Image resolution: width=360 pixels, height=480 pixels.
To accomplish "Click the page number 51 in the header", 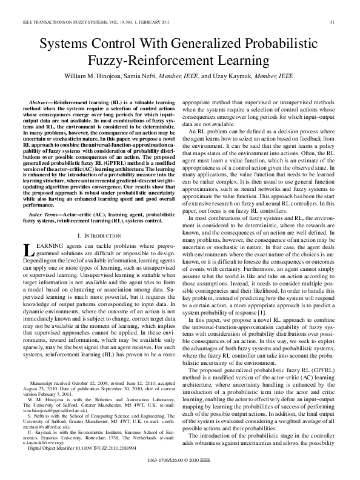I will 333,22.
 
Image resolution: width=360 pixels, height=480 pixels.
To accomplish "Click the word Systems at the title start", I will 63,44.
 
